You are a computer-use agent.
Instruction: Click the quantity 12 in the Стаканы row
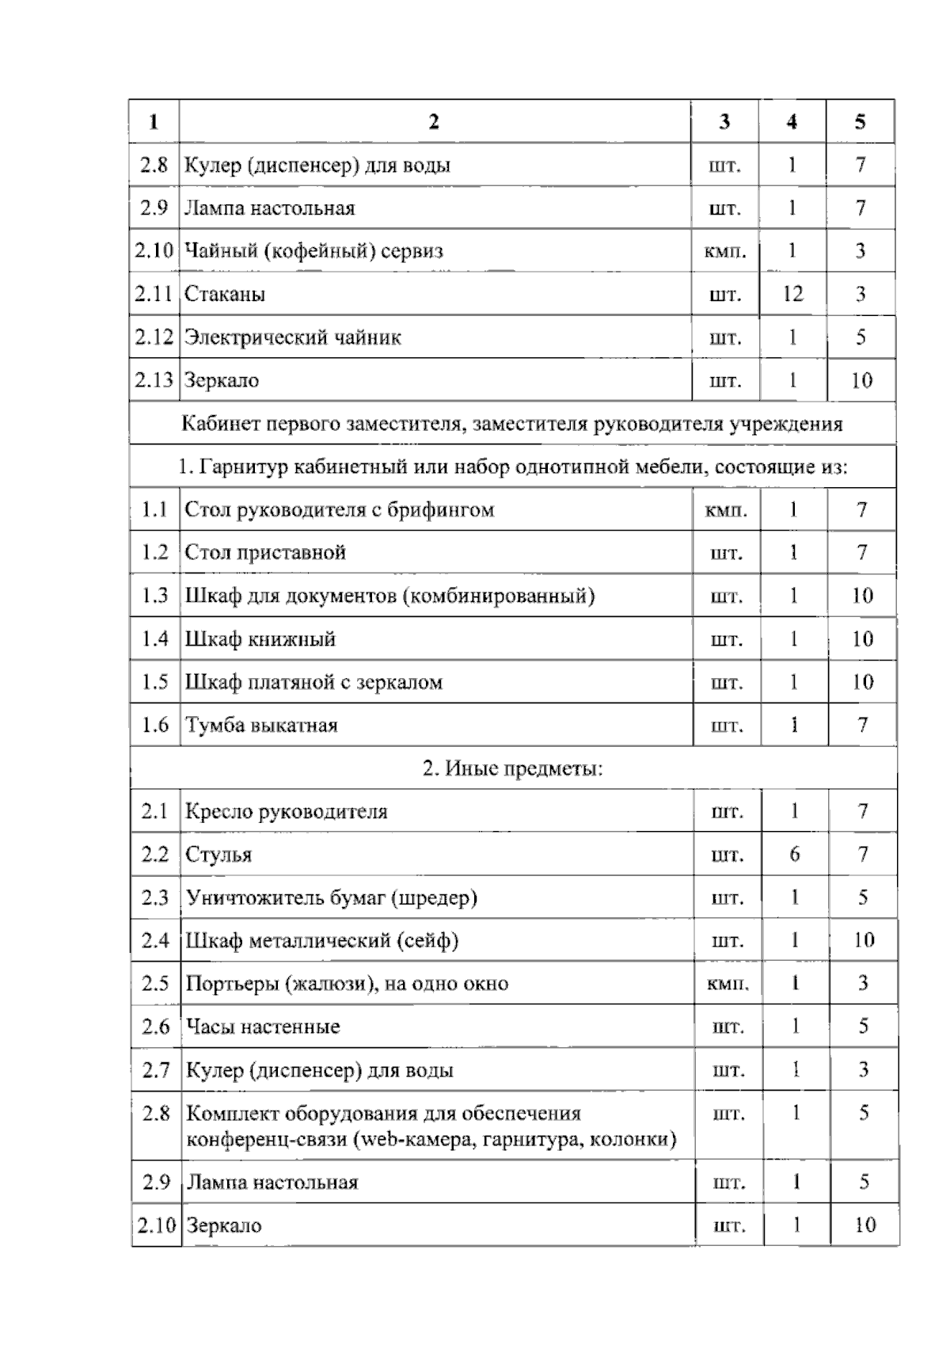(792, 295)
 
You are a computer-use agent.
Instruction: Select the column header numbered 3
(724, 122)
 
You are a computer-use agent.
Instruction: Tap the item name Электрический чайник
(293, 337)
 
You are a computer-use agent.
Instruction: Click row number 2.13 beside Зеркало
(154, 380)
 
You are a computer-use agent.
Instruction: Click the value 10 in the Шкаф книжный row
(862, 638)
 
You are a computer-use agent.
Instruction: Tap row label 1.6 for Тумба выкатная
(155, 725)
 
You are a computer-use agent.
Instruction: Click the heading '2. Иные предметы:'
(512, 768)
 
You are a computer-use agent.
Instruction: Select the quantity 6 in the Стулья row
(794, 854)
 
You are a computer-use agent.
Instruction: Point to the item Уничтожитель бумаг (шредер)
(331, 897)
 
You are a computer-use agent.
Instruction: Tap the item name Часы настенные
(262, 1027)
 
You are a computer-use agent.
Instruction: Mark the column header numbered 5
(861, 122)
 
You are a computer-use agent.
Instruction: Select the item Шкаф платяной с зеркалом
(313, 682)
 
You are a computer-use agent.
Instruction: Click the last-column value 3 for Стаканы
(861, 295)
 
